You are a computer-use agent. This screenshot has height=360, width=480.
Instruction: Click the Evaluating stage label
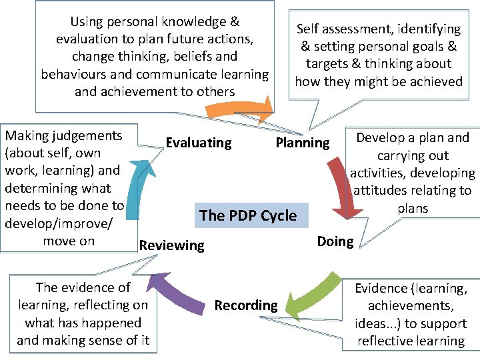click(x=199, y=143)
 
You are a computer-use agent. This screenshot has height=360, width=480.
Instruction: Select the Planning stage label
click(x=303, y=143)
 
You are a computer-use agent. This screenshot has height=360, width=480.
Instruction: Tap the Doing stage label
click(x=335, y=241)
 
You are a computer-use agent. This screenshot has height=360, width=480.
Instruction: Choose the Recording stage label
click(x=246, y=305)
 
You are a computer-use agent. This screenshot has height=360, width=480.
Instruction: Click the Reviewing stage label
click(x=171, y=245)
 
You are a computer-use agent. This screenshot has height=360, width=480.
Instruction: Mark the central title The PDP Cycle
click(x=248, y=215)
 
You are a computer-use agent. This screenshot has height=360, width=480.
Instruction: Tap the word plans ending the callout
click(x=413, y=208)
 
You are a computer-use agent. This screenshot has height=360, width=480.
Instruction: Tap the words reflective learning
click(x=411, y=341)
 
